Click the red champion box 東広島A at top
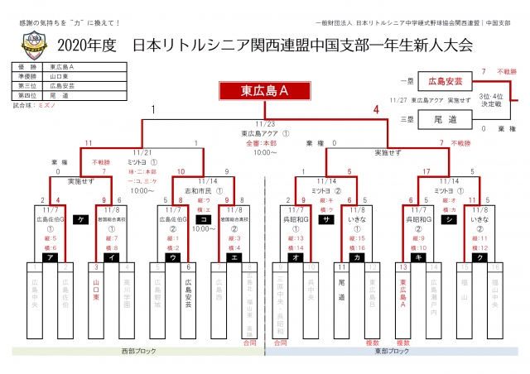264,90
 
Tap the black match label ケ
80,219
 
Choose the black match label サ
327,219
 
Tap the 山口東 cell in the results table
62,74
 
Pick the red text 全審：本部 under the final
264,142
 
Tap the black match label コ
204,219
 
